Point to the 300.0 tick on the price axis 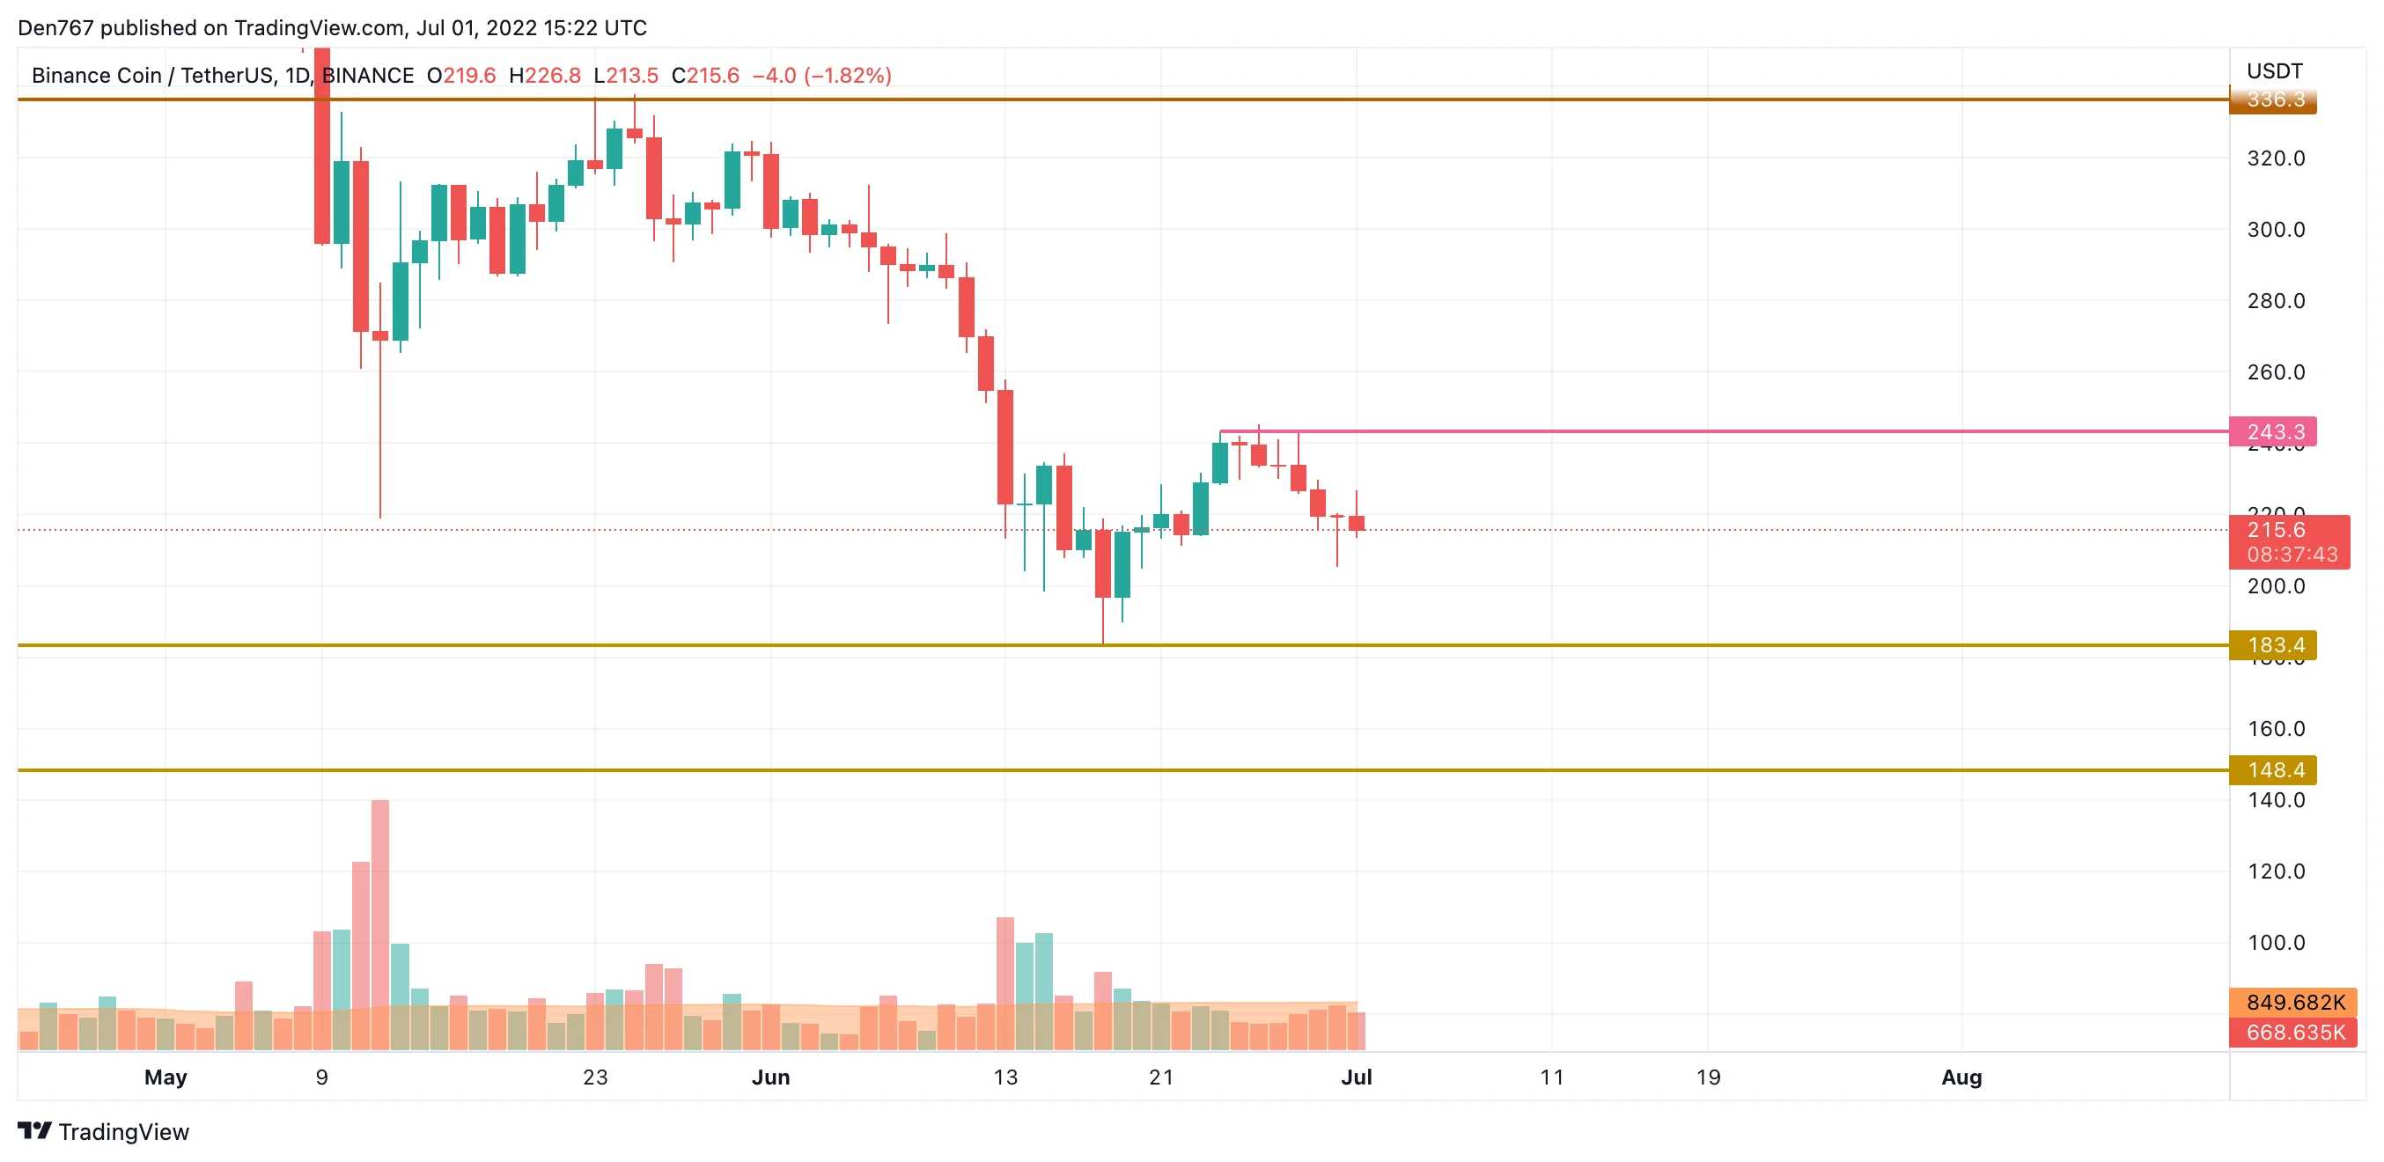pos(2276,230)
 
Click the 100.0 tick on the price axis pos(2276,943)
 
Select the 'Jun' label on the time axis pos(770,1077)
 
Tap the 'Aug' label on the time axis pos(1961,1077)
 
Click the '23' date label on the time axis pos(595,1077)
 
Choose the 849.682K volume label pos(2294,1003)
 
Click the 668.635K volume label pos(2294,1032)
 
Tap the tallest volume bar pos(379,925)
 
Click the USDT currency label pos(2274,71)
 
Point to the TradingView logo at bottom pos(104,1131)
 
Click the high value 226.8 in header pos(553,76)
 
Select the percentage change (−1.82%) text pos(847,76)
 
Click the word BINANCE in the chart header pos(367,76)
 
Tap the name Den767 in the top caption pos(55,28)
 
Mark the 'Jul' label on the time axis pos(1356,1077)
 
